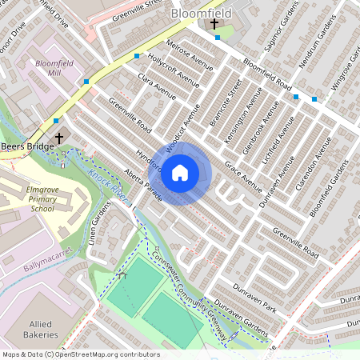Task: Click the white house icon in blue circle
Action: [180, 172]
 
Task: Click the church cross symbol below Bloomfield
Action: [214, 25]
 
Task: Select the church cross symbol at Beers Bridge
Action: [58, 138]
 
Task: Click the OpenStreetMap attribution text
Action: [80, 354]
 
